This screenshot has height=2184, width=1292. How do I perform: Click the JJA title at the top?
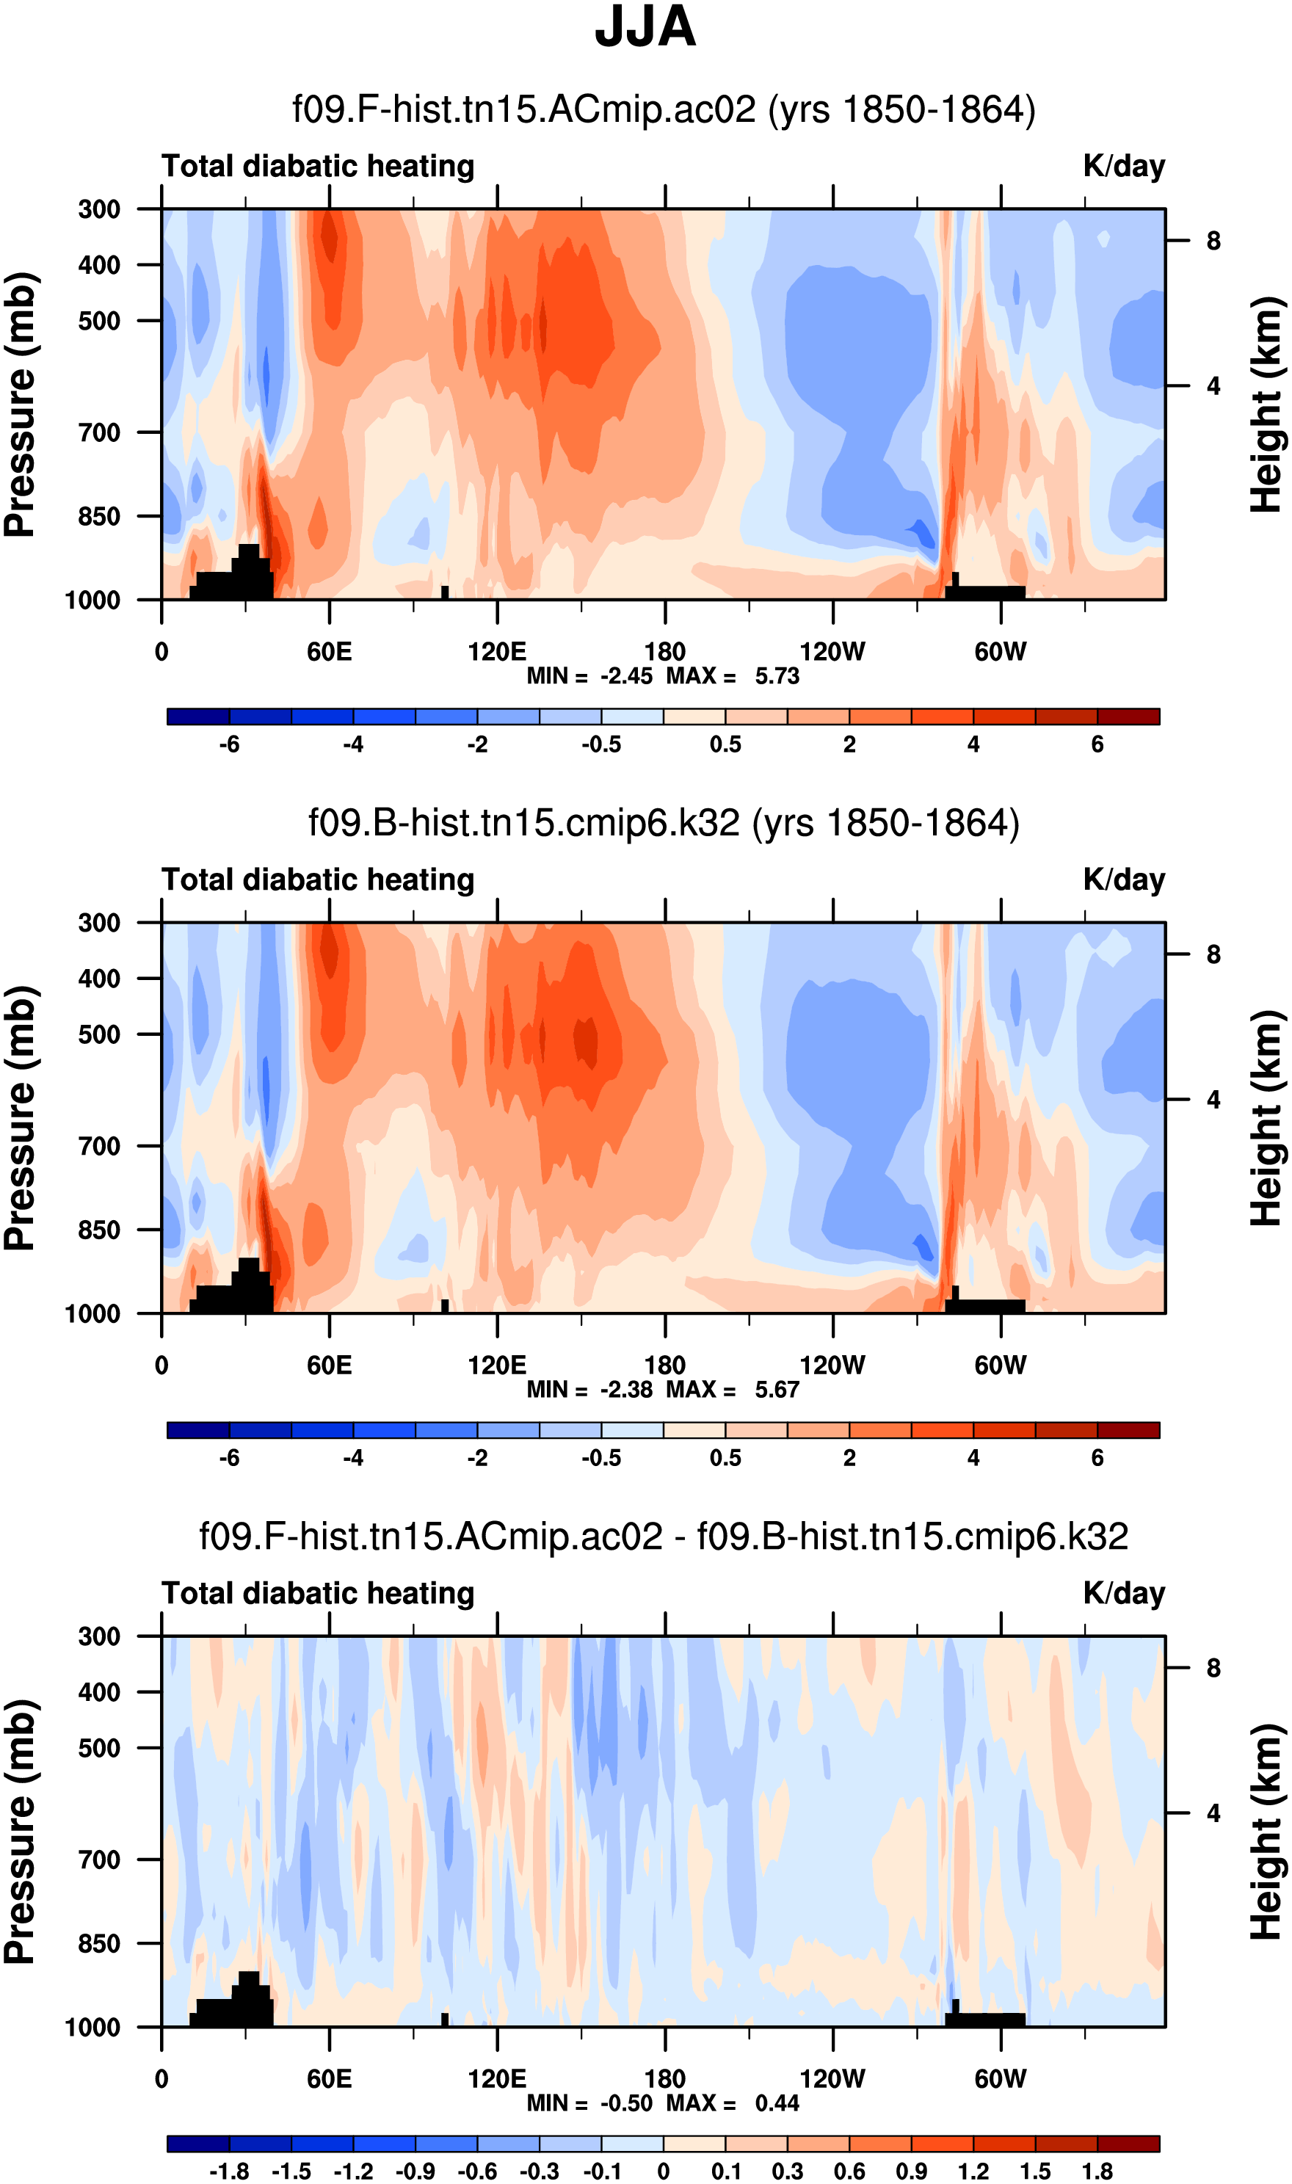[x=645, y=28]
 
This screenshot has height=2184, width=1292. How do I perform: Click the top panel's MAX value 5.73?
[x=777, y=676]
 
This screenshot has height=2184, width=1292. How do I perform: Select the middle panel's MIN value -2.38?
[x=625, y=1390]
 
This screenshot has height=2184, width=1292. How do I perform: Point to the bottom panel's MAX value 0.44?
[x=777, y=2104]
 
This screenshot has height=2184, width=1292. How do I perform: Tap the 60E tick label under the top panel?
[x=329, y=652]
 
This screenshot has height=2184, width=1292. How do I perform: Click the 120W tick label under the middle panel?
[x=832, y=1365]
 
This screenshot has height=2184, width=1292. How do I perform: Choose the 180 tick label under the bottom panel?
[x=664, y=2080]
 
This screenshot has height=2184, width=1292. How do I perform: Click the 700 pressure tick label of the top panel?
[x=99, y=432]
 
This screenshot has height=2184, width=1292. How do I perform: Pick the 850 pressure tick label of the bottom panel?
[x=99, y=1944]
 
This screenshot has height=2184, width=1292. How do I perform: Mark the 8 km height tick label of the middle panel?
[x=1213, y=955]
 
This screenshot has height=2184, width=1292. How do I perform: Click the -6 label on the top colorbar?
[x=229, y=745]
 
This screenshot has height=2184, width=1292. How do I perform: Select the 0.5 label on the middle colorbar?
[x=725, y=1459]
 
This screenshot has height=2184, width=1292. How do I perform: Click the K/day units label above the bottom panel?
[x=1123, y=1594]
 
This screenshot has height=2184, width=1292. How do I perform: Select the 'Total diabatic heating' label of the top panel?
[x=318, y=166]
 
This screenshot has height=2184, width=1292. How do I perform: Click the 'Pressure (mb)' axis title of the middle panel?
[x=19, y=1119]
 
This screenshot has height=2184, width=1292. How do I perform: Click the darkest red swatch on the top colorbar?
[x=1128, y=716]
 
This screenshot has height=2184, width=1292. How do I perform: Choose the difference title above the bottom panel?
[x=664, y=1537]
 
